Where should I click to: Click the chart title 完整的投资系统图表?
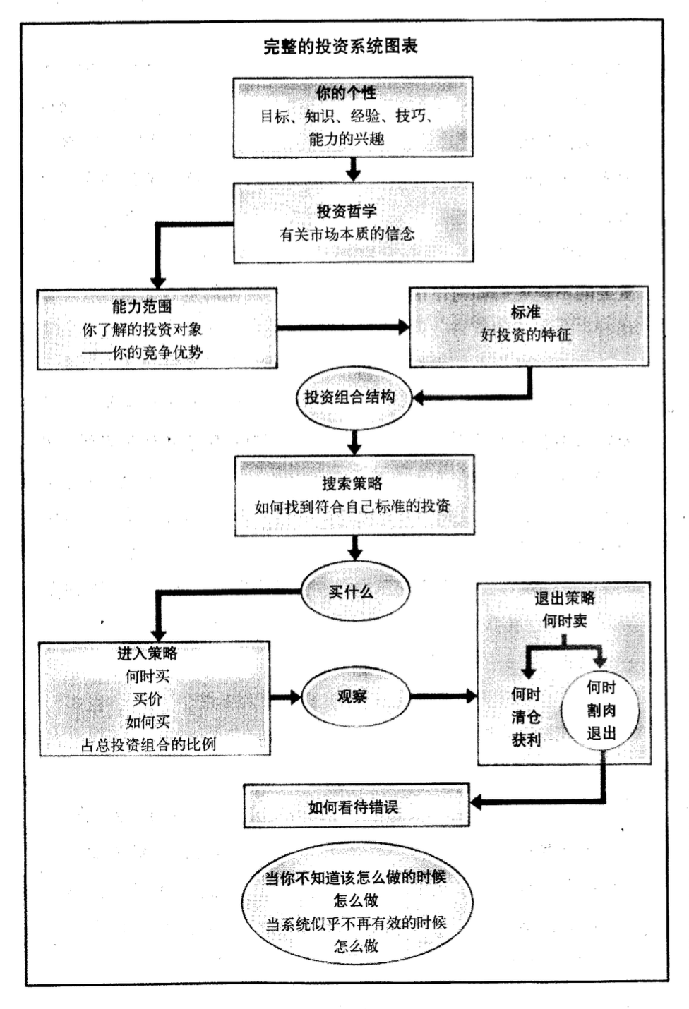tap(340, 47)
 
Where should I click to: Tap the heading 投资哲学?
tap(347, 211)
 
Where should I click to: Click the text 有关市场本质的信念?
tap(347, 234)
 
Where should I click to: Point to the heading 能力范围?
tap(142, 306)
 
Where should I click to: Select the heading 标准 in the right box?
tap(526, 312)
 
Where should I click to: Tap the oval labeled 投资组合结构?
tap(350, 397)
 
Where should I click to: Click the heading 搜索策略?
tap(352, 483)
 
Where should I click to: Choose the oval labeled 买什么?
tap(352, 592)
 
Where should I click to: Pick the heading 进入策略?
tap(148, 653)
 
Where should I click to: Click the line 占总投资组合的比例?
tap(148, 744)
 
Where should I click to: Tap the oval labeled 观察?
tap(352, 696)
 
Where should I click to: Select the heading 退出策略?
tap(564, 598)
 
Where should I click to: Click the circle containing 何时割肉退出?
tap(601, 711)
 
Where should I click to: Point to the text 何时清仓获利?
tap(526, 717)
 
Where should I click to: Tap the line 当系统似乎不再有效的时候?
tap(356, 924)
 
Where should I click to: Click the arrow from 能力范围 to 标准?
tap(342, 327)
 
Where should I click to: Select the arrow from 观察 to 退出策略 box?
tap(443, 697)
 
